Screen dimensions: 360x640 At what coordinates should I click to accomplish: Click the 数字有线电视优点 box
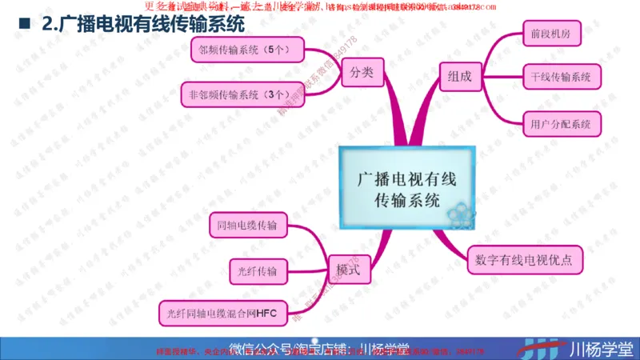525,260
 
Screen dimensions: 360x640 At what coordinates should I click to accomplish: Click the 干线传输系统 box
560,78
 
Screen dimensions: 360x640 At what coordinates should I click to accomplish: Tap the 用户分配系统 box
560,123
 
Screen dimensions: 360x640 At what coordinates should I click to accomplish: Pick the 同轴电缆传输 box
246,226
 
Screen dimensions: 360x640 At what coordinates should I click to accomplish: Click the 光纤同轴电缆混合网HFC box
222,313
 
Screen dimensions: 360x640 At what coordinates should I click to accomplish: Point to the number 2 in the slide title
46,24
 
